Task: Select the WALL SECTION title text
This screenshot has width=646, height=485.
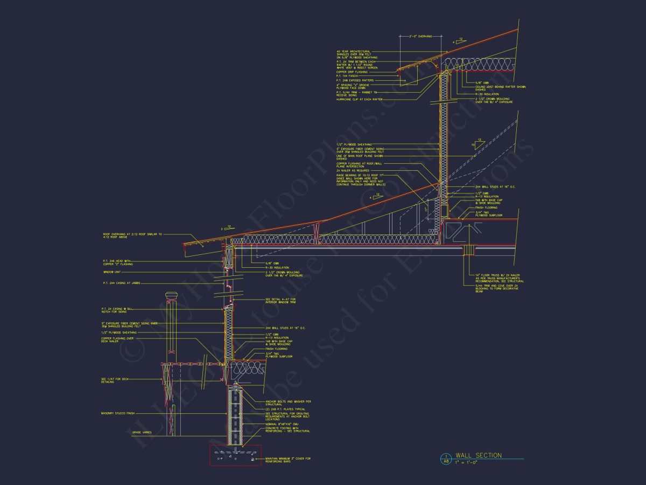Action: click(478, 456)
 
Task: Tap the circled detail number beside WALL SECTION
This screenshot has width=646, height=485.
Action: click(445, 456)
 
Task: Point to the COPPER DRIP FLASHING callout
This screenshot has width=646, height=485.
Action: click(352, 72)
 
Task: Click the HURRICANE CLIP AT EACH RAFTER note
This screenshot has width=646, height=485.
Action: click(360, 99)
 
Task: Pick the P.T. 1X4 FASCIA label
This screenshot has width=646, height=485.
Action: click(348, 76)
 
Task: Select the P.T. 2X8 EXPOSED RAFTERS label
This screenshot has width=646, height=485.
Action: click(355, 80)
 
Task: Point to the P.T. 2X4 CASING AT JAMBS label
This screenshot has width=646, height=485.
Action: click(118, 283)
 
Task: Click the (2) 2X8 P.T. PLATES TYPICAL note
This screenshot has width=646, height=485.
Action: click(285, 410)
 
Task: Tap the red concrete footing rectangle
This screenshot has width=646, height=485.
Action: click(235, 456)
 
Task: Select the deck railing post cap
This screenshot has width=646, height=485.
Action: click(171, 296)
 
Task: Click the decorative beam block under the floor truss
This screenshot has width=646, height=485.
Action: click(469, 250)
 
